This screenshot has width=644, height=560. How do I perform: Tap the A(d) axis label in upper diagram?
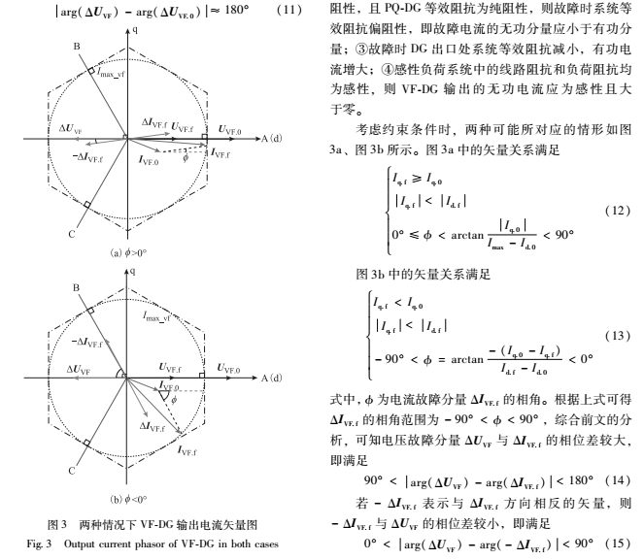271,140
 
